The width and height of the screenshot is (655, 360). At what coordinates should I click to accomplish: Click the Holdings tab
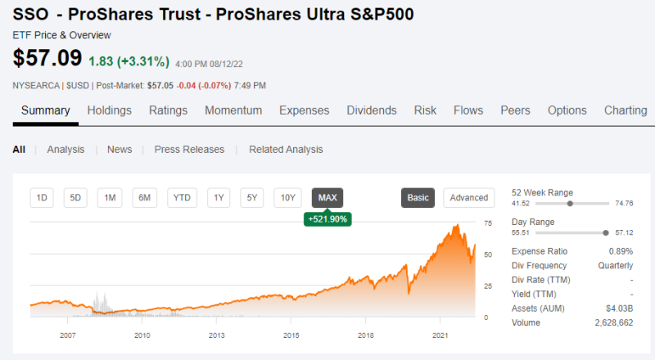point(110,110)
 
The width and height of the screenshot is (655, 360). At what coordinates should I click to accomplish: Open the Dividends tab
point(372,110)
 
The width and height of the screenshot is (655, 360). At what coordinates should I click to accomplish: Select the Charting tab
point(626,110)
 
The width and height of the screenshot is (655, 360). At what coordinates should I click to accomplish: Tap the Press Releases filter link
point(189,150)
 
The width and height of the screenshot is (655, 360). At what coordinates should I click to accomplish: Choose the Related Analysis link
point(286,150)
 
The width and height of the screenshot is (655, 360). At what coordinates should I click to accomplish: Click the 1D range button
point(43,197)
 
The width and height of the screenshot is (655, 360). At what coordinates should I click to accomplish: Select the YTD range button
point(182,197)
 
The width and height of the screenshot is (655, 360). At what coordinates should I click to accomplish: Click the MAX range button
point(327,197)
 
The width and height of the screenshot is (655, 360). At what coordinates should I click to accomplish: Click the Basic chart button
point(418,197)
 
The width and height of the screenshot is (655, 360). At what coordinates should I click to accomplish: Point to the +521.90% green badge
point(327,219)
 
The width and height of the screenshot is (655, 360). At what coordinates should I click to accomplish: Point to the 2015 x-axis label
point(291,335)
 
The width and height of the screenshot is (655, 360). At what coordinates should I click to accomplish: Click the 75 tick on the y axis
point(488,223)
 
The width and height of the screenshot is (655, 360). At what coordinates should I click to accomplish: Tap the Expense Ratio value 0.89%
point(621,250)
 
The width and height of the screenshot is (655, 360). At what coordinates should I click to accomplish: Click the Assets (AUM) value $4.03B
point(618,308)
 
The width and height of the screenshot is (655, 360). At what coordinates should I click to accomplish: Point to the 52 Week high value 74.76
point(624,203)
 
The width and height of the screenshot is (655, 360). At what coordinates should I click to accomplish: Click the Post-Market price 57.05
point(160,85)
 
